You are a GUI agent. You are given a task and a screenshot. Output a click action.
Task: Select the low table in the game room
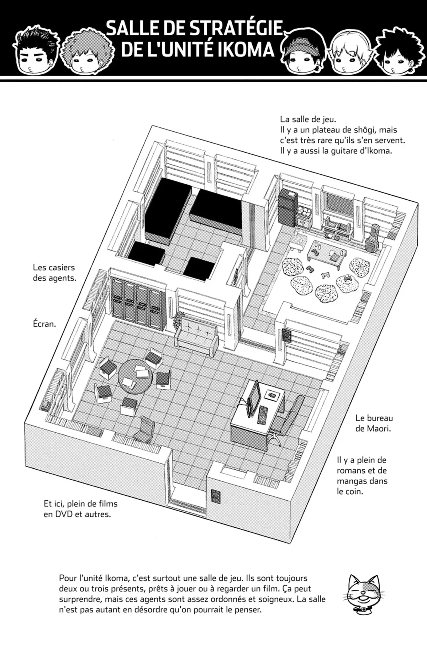coord(325,251)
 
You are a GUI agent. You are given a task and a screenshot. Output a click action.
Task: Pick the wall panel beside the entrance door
coord(215,496)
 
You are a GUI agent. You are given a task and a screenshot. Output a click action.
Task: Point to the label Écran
coord(44,324)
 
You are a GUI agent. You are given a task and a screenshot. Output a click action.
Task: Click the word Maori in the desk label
coord(378,428)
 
